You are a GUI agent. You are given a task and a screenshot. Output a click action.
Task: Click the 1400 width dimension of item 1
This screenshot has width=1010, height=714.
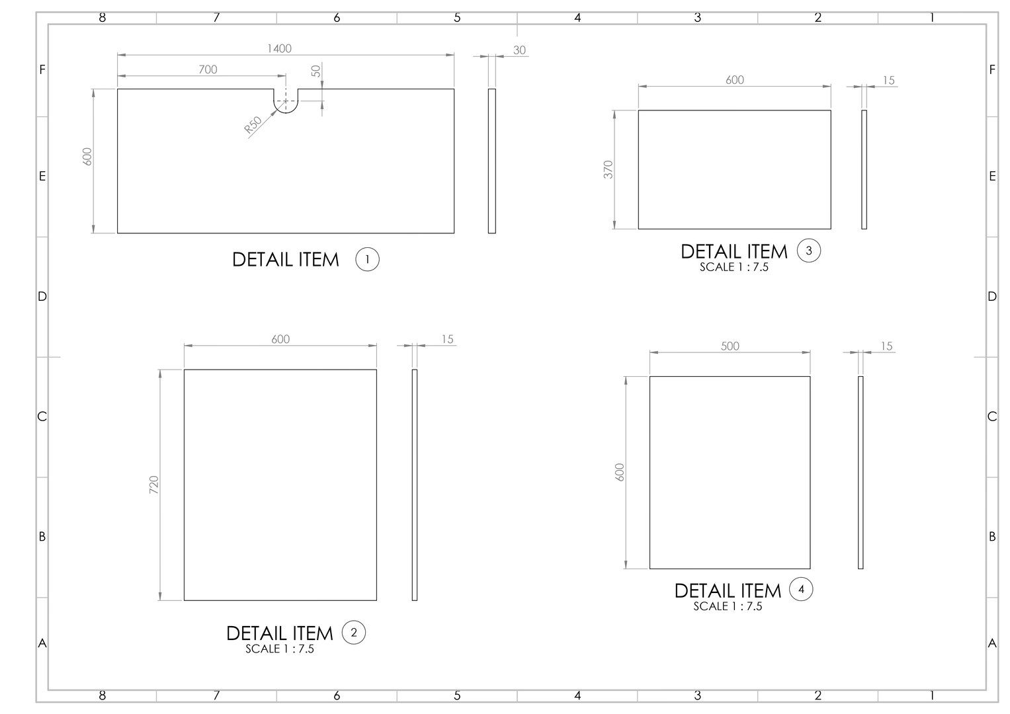(x=279, y=48)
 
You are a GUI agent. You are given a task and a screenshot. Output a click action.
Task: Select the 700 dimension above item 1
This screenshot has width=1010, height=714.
(x=208, y=69)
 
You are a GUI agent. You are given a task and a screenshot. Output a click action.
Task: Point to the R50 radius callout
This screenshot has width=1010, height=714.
(x=253, y=125)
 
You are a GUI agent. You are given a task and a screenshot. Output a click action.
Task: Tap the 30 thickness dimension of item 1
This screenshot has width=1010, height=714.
(x=519, y=50)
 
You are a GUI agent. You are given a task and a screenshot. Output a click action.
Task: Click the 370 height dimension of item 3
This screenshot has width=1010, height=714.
(x=609, y=169)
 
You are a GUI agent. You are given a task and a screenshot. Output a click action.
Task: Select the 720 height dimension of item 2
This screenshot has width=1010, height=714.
(x=153, y=485)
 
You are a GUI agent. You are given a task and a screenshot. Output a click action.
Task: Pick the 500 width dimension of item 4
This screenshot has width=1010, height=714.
(x=730, y=346)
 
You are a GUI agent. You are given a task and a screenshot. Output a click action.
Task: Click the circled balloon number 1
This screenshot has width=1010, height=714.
(x=367, y=259)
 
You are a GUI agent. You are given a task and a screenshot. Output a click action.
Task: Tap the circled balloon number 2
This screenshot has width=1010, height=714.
(x=353, y=633)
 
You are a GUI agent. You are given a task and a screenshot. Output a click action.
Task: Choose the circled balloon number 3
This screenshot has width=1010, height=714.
(x=808, y=251)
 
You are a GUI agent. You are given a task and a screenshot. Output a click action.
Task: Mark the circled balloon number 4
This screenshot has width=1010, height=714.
(x=801, y=589)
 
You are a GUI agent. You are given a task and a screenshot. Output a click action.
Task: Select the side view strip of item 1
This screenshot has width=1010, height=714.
(x=491, y=161)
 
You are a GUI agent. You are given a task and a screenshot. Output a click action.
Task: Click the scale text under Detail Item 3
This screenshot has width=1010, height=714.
(x=734, y=268)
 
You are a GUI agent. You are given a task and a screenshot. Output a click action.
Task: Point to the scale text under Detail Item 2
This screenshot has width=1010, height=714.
(x=279, y=649)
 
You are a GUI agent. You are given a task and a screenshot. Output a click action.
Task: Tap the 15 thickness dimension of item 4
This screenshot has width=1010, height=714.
(x=886, y=346)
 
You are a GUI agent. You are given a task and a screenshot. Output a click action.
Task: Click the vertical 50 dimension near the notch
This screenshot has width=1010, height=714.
(x=316, y=70)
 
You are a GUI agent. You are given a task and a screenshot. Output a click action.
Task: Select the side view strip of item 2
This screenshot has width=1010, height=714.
(x=414, y=485)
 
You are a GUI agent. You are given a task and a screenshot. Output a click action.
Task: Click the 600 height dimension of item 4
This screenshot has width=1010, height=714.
(x=620, y=471)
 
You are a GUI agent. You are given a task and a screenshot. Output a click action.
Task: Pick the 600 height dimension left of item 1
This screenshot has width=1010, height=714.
(x=87, y=156)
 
